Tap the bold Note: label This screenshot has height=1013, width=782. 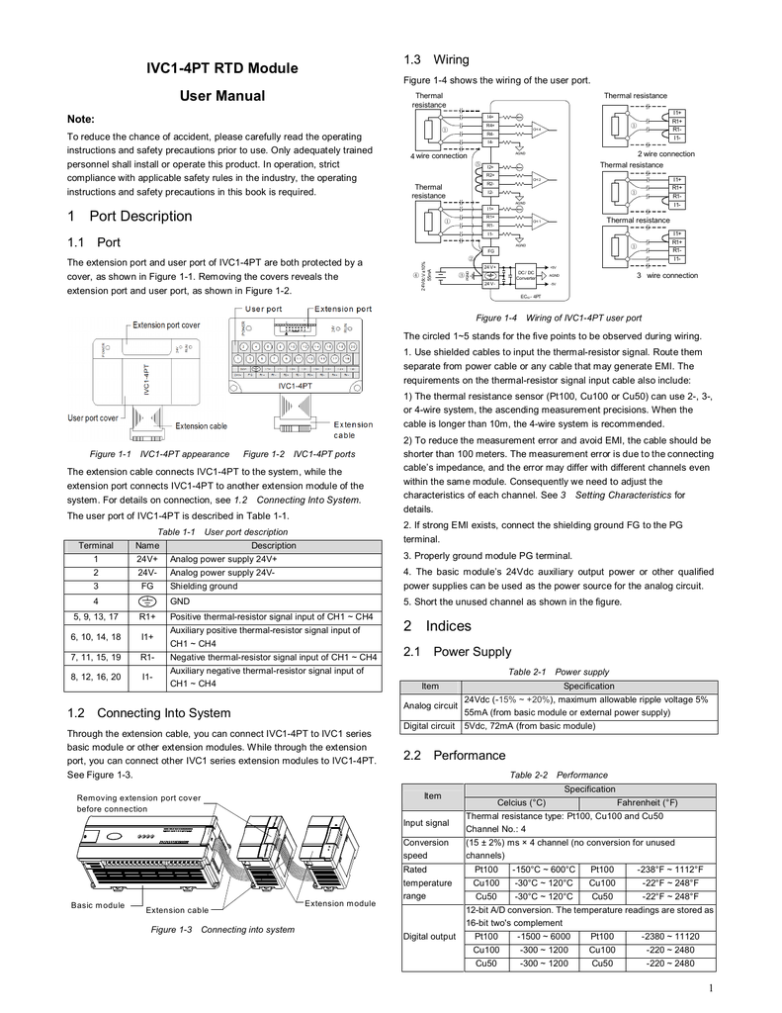click(x=81, y=118)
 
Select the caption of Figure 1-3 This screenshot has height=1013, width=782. click(x=221, y=929)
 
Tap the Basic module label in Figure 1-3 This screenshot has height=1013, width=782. click(x=98, y=905)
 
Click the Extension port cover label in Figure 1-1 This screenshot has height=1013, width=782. click(x=166, y=324)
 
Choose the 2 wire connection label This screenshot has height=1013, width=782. click(x=665, y=154)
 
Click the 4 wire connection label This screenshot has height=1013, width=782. click(x=438, y=155)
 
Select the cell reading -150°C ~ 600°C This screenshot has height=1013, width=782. click(x=543, y=869)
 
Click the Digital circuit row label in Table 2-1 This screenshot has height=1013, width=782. click(x=430, y=725)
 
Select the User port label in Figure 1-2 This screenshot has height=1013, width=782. click(x=264, y=309)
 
